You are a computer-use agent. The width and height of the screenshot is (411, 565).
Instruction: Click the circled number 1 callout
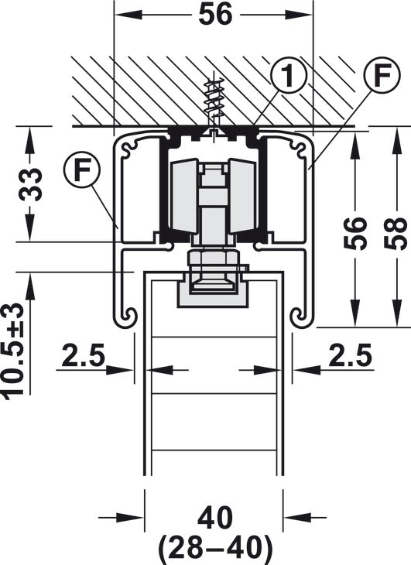(287, 75)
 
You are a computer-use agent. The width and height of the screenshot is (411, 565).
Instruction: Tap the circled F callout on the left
(82, 170)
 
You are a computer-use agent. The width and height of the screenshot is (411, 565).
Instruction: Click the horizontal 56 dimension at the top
(216, 15)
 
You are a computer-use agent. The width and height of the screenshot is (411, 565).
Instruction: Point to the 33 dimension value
(30, 183)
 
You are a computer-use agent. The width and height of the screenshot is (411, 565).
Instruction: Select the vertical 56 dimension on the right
(354, 233)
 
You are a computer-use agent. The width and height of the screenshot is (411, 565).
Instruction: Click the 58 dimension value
(396, 233)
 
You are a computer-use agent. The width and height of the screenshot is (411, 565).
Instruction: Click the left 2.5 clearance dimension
(83, 355)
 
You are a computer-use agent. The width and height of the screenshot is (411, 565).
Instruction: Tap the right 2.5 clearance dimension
(350, 355)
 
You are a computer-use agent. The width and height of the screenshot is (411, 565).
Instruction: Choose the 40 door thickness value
(215, 518)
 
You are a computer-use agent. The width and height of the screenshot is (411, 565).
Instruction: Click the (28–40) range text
(214, 548)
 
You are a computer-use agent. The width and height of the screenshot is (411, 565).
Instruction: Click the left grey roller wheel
(184, 195)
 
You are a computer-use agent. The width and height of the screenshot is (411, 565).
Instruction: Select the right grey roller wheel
(242, 195)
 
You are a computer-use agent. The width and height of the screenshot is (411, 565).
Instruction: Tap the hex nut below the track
(213, 258)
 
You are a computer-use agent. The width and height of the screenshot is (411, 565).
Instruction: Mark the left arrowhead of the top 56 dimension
(127, 15)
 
